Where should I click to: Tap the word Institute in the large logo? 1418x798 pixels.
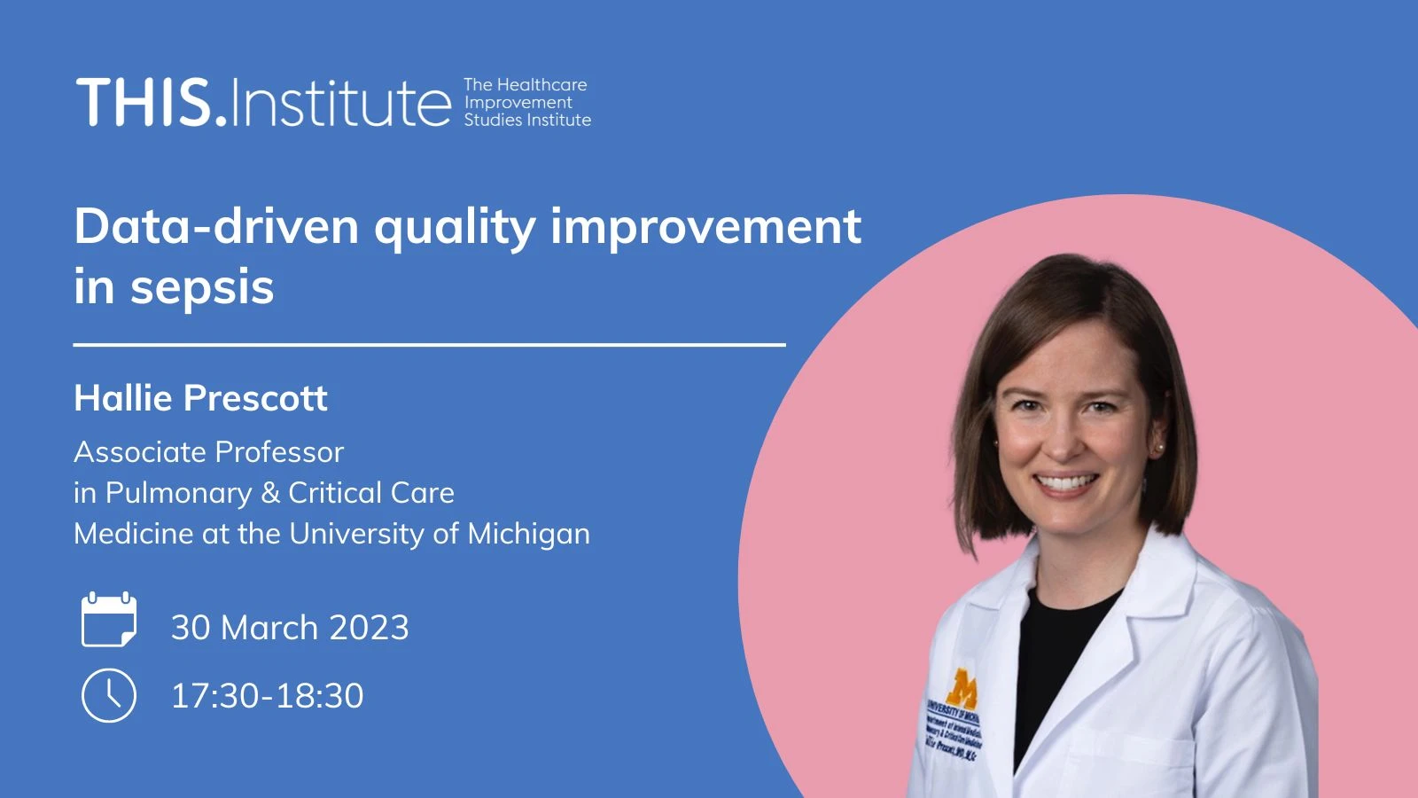[x=341, y=103]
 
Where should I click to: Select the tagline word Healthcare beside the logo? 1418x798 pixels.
[x=541, y=85]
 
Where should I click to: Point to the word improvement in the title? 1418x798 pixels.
[x=705, y=226]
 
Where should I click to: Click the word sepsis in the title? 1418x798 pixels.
[x=202, y=287]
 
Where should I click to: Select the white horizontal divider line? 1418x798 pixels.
[x=429, y=344]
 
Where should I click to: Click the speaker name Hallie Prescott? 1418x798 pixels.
[x=200, y=398]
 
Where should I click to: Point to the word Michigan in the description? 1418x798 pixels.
[x=528, y=534]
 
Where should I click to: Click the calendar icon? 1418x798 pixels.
[x=109, y=620]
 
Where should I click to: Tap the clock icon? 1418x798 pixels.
[x=109, y=696]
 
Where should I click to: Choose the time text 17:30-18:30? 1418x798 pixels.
[x=267, y=696]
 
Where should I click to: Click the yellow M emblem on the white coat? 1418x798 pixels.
[x=962, y=686]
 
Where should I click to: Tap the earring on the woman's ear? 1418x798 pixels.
[x=1157, y=448]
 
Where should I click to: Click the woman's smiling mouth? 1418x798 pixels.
[x=1066, y=483]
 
